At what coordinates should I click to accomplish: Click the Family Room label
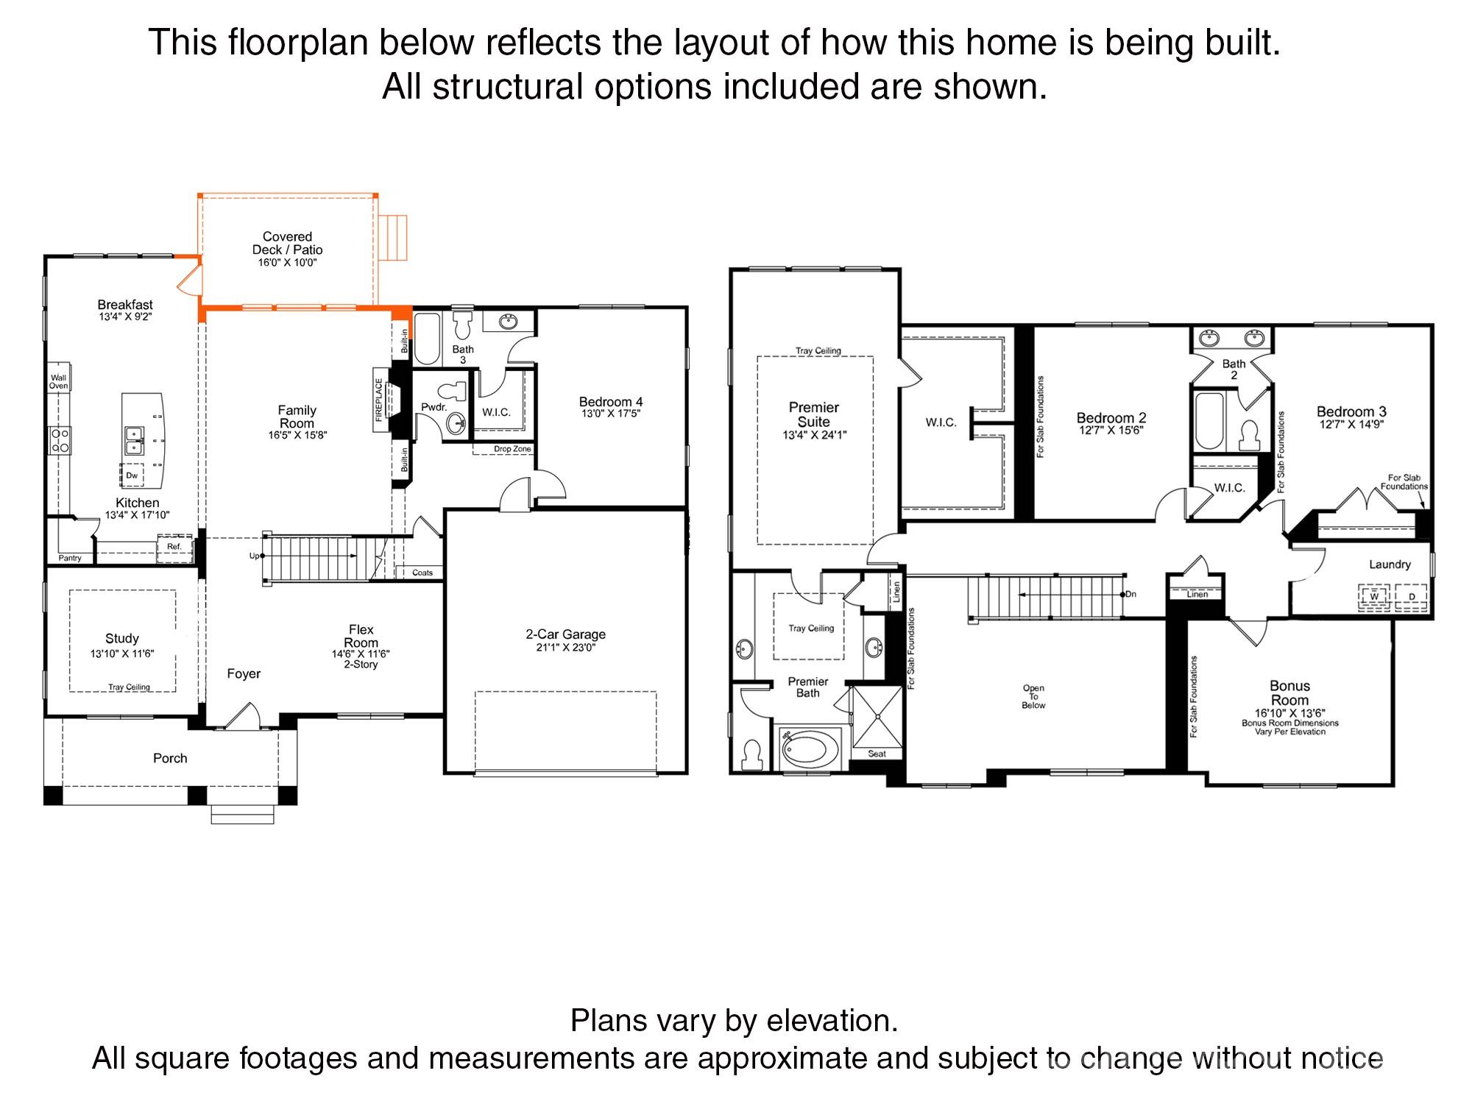[x=297, y=417]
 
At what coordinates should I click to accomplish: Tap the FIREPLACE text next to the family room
[x=380, y=400]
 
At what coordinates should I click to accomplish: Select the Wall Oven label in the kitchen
[x=58, y=381]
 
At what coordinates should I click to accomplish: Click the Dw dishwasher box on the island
[x=132, y=475]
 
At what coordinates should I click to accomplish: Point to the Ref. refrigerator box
[x=174, y=547]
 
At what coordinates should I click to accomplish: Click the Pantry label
[x=70, y=558]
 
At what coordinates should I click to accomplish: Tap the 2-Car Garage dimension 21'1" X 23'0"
[x=565, y=648]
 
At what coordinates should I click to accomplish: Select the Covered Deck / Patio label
[x=287, y=243]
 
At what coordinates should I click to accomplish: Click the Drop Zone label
[x=512, y=449]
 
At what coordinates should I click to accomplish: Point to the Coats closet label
[x=422, y=573]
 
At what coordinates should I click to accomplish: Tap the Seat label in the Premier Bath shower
[x=877, y=754]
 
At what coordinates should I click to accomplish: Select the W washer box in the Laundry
[x=1373, y=596]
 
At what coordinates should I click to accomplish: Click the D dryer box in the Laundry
[x=1411, y=596]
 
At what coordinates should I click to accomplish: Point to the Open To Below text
[x=1033, y=697]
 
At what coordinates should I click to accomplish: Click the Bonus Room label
[x=1289, y=693]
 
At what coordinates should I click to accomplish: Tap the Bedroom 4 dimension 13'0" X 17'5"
[x=610, y=414]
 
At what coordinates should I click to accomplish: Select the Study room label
[x=122, y=639]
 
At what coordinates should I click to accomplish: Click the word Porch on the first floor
[x=170, y=758]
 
